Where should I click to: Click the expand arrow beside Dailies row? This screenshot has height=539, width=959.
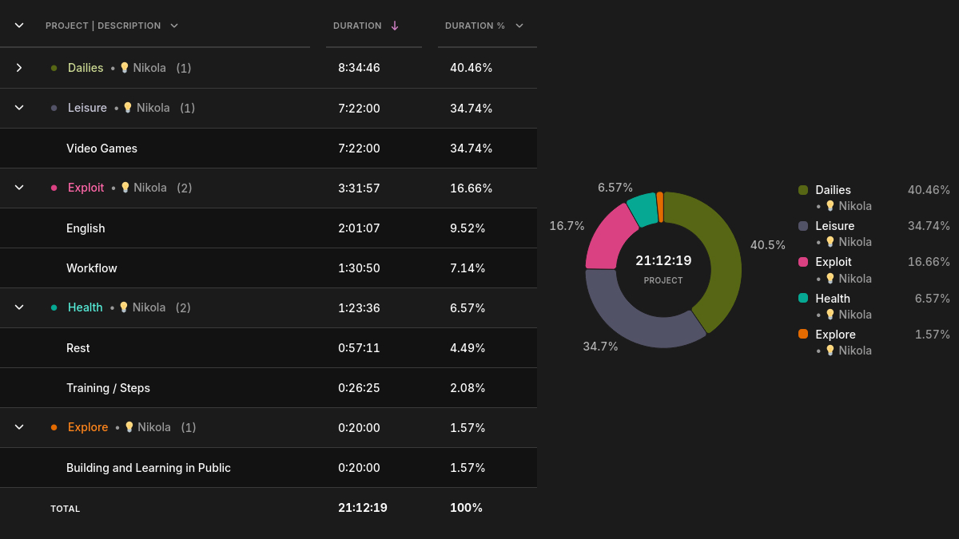[19, 68]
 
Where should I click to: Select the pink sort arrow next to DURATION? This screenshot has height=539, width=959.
[395, 26]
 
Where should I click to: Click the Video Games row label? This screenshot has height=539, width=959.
[102, 149]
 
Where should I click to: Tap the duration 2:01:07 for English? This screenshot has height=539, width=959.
[359, 228]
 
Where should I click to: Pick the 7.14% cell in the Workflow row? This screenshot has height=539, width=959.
[468, 268]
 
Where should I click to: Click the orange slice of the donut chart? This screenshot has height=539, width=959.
[660, 207]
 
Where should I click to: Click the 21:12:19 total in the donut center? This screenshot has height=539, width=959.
[663, 260]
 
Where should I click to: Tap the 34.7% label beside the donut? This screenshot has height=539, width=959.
[600, 347]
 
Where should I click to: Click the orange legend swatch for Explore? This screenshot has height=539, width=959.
[803, 334]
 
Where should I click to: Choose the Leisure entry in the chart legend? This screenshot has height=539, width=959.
[835, 226]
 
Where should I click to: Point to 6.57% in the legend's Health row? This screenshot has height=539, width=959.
[932, 298]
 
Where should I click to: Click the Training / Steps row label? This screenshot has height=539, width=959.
[109, 388]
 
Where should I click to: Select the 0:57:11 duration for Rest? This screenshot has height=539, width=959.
[359, 348]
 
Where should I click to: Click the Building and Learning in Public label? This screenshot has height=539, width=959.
[149, 468]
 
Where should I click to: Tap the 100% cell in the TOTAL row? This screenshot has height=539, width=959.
[466, 508]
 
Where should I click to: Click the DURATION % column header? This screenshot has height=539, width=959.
[475, 26]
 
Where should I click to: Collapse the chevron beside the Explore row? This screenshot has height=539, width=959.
[19, 427]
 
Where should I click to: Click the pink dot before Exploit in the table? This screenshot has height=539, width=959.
[54, 188]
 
